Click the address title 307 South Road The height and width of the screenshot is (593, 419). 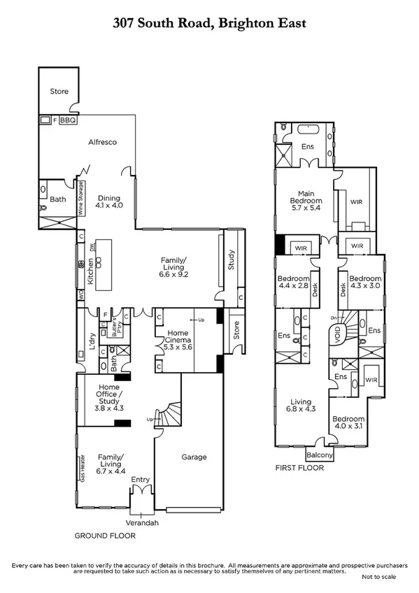click(209, 23)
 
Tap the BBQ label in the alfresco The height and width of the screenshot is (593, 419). click(67, 120)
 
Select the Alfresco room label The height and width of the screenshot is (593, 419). click(101, 142)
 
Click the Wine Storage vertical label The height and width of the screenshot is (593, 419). click(81, 198)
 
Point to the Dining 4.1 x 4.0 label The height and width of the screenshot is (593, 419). click(109, 201)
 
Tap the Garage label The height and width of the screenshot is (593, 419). click(194, 457)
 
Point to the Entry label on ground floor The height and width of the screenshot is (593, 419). click(141, 479)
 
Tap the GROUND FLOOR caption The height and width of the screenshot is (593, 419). click(105, 536)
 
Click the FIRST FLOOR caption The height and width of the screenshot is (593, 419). click(299, 468)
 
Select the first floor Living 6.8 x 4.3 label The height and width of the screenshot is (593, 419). click(301, 406)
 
